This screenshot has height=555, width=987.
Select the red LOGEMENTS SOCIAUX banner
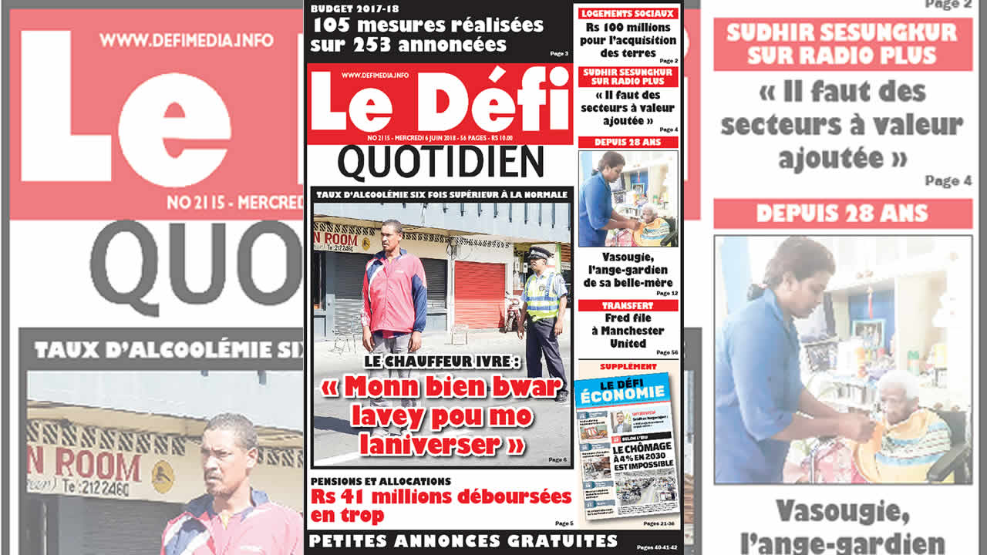pyautogui.click(x=628, y=13)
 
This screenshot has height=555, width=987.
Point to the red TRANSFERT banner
pyautogui.click(x=628, y=305)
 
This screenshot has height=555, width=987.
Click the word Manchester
pyautogui.click(x=628, y=331)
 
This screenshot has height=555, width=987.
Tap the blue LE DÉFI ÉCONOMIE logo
pyautogui.click(x=622, y=390)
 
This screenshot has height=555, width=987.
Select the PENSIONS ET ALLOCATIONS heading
pyautogui.click(x=381, y=481)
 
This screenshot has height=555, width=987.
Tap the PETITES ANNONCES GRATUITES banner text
pyautogui.click(x=463, y=540)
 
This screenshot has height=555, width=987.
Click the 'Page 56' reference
pyautogui.click(x=666, y=352)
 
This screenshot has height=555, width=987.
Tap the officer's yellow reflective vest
pyautogui.click(x=542, y=294)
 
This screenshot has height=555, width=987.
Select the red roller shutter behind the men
pyautogui.click(x=480, y=293)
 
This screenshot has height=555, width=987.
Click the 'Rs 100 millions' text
pyautogui.click(x=628, y=29)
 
